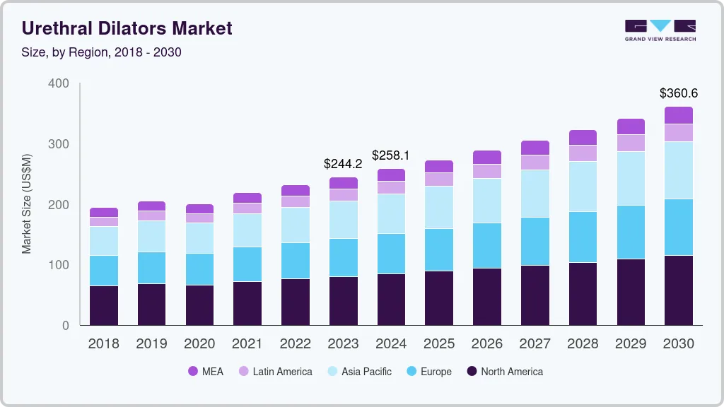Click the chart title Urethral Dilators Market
(127, 29)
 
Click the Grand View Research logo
(660, 30)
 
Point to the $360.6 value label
(678, 93)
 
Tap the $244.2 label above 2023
(342, 164)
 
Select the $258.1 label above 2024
(390, 155)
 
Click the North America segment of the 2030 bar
(678, 290)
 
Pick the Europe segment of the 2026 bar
(486, 245)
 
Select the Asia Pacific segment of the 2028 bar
(583, 187)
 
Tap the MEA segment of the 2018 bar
(103, 212)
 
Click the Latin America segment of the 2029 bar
(631, 143)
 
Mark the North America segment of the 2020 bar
(199, 305)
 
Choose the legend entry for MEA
(205, 372)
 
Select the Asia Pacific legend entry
(358, 372)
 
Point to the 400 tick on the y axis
(59, 83)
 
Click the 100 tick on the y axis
(59, 265)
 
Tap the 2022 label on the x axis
(295, 344)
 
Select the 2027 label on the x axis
(535, 344)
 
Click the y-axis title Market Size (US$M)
(27, 203)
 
